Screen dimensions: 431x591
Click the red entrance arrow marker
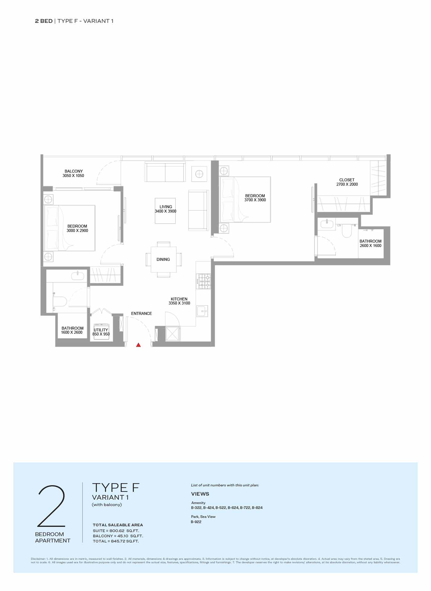(x=139, y=345)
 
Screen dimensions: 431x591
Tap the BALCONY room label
(x=74, y=171)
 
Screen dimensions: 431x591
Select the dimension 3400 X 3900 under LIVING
(x=166, y=211)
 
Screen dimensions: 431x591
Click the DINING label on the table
(x=163, y=259)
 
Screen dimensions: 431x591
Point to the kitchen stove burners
(x=204, y=281)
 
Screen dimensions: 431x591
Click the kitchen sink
(x=202, y=311)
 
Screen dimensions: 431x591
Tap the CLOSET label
(x=347, y=180)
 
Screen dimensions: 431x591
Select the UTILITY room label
(x=101, y=330)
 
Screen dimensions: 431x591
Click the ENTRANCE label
(x=142, y=314)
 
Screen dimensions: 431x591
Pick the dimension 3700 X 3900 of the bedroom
(x=255, y=200)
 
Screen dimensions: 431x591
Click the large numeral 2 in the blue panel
(x=51, y=506)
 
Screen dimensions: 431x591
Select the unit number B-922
(x=196, y=522)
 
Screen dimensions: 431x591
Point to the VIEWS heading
(x=200, y=494)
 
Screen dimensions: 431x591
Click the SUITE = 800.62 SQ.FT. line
(x=116, y=531)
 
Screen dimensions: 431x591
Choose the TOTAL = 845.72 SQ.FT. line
(x=116, y=541)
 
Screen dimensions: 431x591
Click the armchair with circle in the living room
(x=199, y=174)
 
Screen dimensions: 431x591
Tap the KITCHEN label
(x=179, y=299)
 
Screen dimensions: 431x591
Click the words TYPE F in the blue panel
(x=116, y=487)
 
